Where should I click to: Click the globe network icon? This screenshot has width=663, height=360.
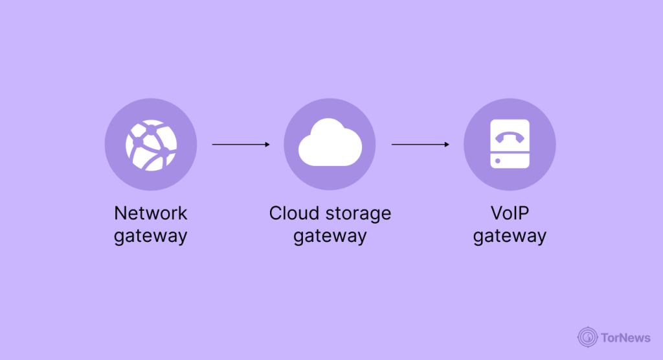tap(150, 145)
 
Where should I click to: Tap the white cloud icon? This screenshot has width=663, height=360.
tap(330, 145)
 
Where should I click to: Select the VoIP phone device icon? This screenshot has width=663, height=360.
tap(510, 145)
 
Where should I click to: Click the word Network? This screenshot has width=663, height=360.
tap(150, 213)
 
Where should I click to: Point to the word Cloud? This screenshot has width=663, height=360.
tap(292, 213)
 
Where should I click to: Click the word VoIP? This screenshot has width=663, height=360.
tap(510, 213)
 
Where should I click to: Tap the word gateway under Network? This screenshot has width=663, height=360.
tap(150, 236)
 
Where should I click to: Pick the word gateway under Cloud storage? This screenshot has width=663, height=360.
tap(330, 236)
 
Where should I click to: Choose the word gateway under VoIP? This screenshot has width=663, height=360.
tap(510, 236)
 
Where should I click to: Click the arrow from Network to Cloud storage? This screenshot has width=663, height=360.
tap(240, 145)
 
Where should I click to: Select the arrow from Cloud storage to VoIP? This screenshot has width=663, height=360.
tap(420, 145)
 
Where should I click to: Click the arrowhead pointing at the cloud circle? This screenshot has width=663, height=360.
tap(267, 145)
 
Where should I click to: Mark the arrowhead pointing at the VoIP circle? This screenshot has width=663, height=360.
tap(447, 145)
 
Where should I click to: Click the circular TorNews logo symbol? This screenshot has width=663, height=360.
tap(587, 336)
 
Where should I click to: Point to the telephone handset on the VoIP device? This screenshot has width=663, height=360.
tap(510, 137)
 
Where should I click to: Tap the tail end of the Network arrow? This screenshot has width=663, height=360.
tap(214, 145)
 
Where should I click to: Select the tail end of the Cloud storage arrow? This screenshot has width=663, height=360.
tap(393, 145)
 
